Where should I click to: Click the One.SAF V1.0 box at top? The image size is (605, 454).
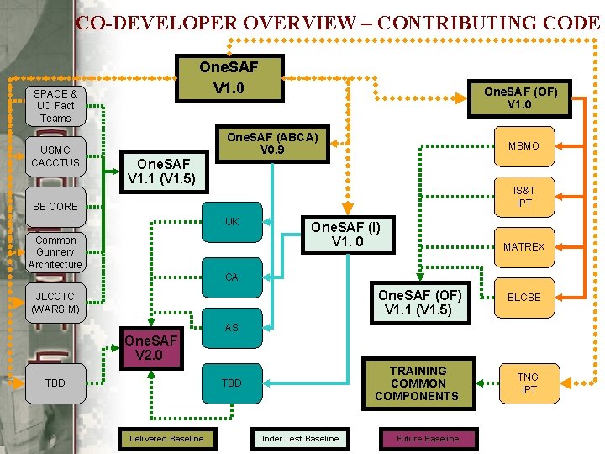point(229,77)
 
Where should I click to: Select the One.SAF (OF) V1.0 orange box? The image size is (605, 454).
point(519,98)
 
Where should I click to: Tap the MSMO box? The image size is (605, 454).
point(523,146)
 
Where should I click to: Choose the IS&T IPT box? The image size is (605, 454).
point(523,197)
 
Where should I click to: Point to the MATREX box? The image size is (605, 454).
point(523,247)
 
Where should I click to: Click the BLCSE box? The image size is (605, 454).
point(523,297)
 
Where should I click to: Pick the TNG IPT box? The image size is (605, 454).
point(528,383)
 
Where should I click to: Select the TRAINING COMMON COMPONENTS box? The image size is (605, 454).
point(418,383)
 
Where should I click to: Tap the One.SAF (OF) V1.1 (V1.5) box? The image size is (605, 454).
point(419,303)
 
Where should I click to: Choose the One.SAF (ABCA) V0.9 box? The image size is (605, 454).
point(273,144)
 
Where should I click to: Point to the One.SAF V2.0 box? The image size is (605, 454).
point(151,347)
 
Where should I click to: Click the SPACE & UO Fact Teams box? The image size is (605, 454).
point(55,106)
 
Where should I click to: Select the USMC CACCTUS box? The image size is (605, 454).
point(55,156)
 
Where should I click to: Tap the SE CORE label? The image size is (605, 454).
point(55,206)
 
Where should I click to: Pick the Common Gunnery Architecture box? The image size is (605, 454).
point(55,252)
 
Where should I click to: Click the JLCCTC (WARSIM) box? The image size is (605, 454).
point(55,303)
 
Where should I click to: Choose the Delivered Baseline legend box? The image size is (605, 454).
point(166,438)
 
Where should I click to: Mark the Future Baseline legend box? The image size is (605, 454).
point(428,438)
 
